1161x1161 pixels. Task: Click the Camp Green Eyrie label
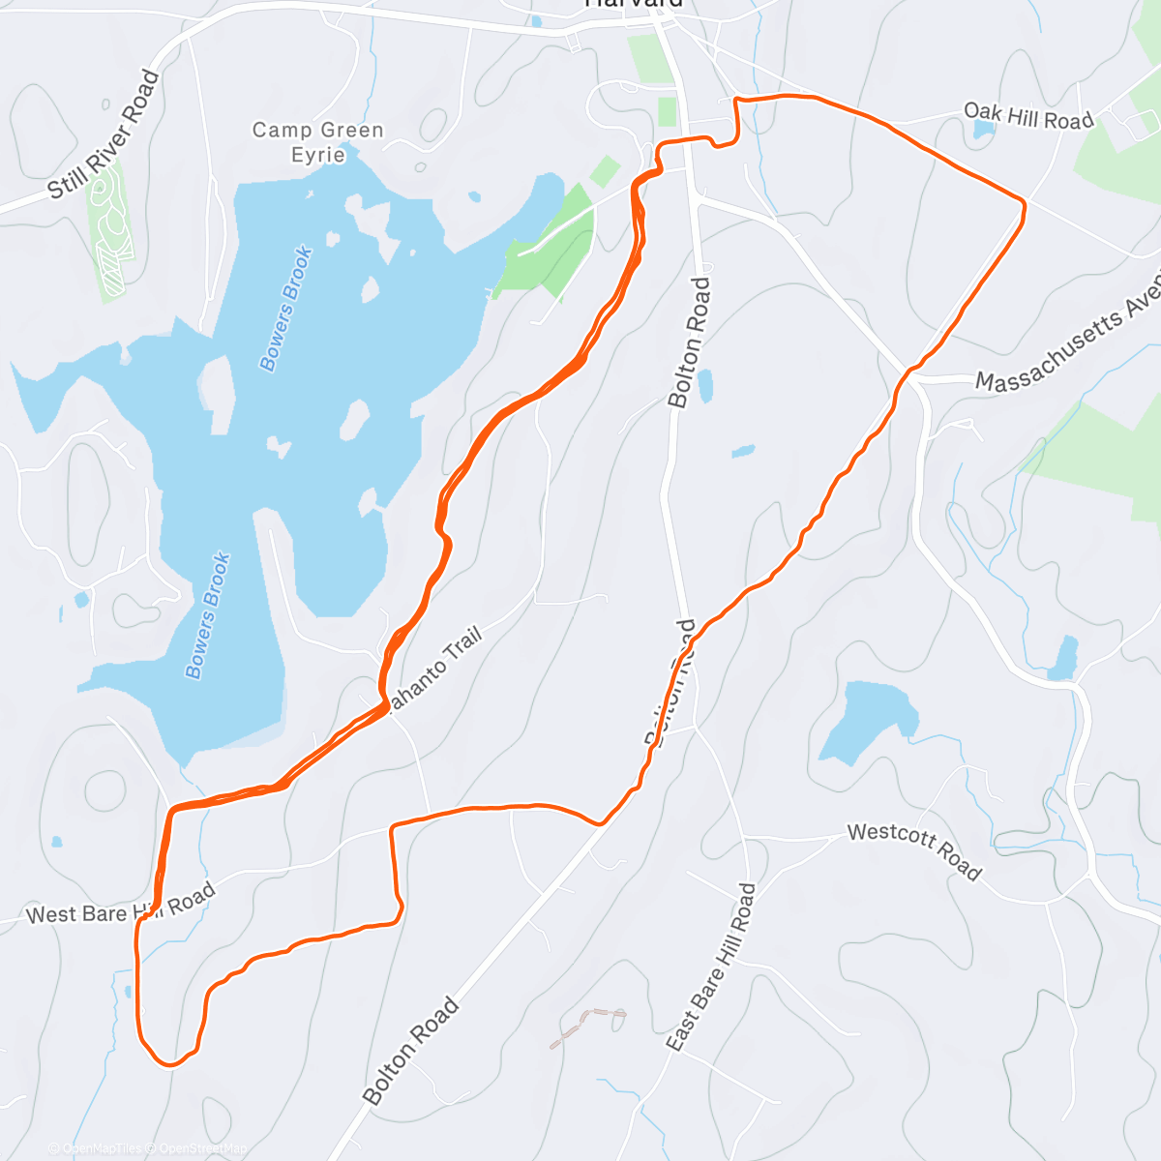click(x=318, y=142)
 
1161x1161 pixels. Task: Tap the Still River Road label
click(x=104, y=134)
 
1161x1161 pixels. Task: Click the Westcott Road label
click(x=914, y=851)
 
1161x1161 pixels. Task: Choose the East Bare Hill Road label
click(x=711, y=967)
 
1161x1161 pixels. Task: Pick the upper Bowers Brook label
click(x=286, y=309)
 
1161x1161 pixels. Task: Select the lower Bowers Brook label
click(x=208, y=615)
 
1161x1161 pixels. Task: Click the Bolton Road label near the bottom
click(x=410, y=1052)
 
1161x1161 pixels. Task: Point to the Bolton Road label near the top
click(x=690, y=342)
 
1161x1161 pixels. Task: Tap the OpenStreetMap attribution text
click(x=202, y=1148)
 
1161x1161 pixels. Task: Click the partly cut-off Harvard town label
click(x=634, y=4)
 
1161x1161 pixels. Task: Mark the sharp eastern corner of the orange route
click(x=1023, y=201)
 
